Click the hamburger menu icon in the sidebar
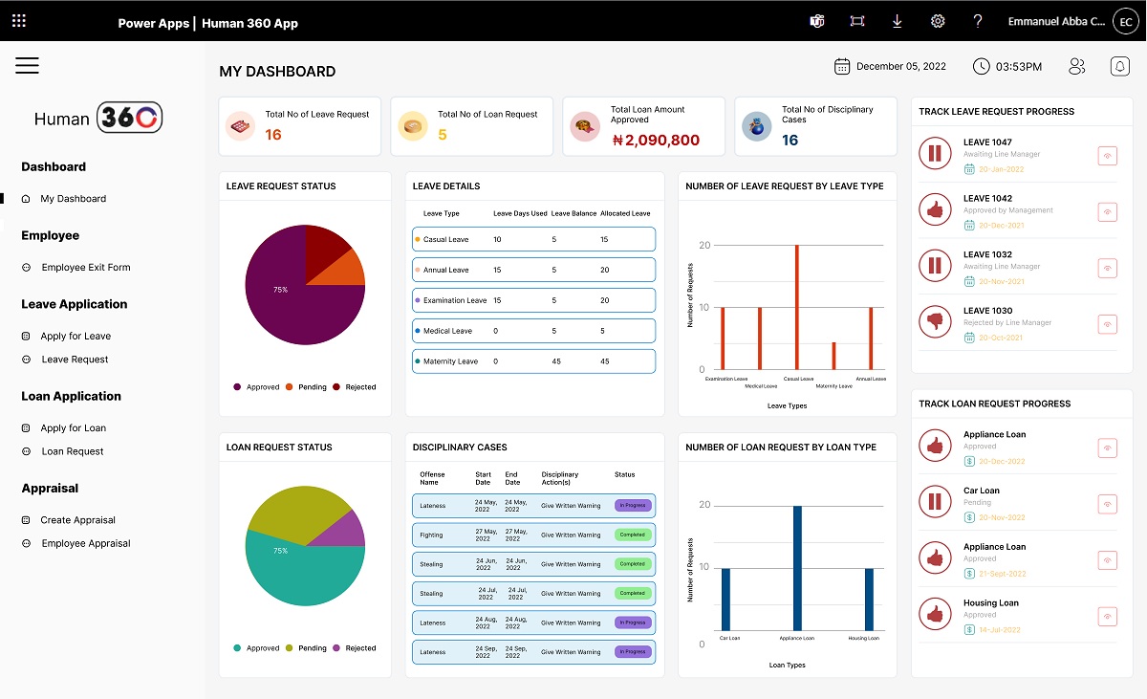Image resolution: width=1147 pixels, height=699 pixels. tap(27, 65)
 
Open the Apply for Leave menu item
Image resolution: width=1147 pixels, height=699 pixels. tap(76, 337)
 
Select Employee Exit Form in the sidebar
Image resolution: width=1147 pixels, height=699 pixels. tap(85, 268)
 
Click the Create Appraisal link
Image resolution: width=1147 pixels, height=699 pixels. tap(77, 520)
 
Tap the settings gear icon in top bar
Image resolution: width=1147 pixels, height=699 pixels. tap(938, 21)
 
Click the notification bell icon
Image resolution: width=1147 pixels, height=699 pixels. tap(1119, 66)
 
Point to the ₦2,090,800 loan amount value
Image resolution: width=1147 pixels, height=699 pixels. tap(656, 140)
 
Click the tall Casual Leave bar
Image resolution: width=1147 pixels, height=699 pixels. tap(796, 306)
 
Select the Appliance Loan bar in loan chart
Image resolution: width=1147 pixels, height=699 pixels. tap(797, 567)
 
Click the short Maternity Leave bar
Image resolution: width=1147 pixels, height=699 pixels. tap(833, 356)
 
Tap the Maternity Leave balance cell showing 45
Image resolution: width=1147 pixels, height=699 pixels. tap(556, 361)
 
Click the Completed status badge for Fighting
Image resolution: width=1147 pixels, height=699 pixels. tap(632, 535)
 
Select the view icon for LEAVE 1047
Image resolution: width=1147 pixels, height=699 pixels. tap(1107, 155)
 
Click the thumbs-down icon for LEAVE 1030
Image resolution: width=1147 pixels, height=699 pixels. tap(934, 322)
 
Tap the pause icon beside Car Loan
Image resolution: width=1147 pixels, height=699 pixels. tap(934, 501)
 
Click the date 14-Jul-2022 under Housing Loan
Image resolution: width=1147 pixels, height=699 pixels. tap(1001, 630)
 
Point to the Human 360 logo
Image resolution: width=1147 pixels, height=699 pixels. tap(97, 118)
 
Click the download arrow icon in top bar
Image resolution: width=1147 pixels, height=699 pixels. tap(897, 21)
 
